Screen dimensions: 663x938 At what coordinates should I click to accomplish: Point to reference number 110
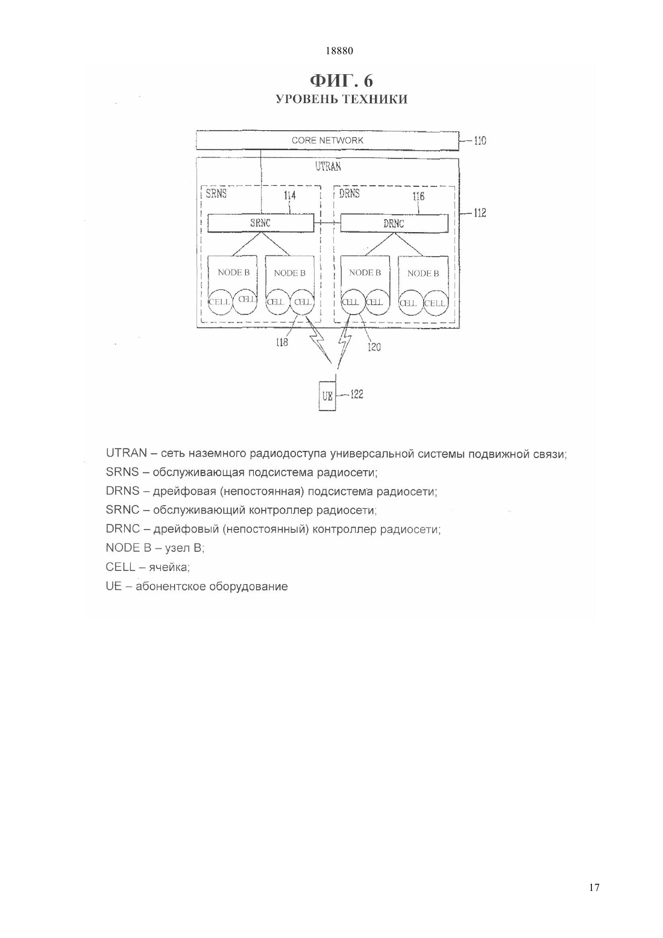[480, 140]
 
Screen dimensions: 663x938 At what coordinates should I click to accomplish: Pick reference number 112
[480, 213]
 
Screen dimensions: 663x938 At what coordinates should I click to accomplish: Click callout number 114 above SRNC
[290, 195]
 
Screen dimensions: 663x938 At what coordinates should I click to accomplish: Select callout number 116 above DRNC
[418, 196]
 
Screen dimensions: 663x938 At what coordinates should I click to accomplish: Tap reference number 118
[281, 342]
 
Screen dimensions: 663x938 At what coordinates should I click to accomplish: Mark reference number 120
[374, 347]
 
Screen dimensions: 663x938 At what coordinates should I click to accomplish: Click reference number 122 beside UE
[357, 394]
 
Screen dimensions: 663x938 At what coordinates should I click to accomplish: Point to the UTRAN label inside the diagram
[328, 166]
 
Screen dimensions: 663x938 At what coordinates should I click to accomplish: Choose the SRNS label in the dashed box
[216, 194]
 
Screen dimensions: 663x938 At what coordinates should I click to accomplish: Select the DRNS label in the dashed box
[350, 194]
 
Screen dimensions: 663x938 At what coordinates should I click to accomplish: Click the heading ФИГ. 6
[341, 80]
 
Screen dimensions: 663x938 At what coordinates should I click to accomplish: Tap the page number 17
[594, 886]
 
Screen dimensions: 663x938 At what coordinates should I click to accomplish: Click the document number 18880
[339, 51]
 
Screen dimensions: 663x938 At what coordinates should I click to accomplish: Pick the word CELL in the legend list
[121, 567]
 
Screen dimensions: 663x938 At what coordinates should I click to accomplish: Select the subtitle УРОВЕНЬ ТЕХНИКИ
[341, 99]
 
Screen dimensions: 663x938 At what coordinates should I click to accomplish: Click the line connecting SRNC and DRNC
[327, 223]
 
